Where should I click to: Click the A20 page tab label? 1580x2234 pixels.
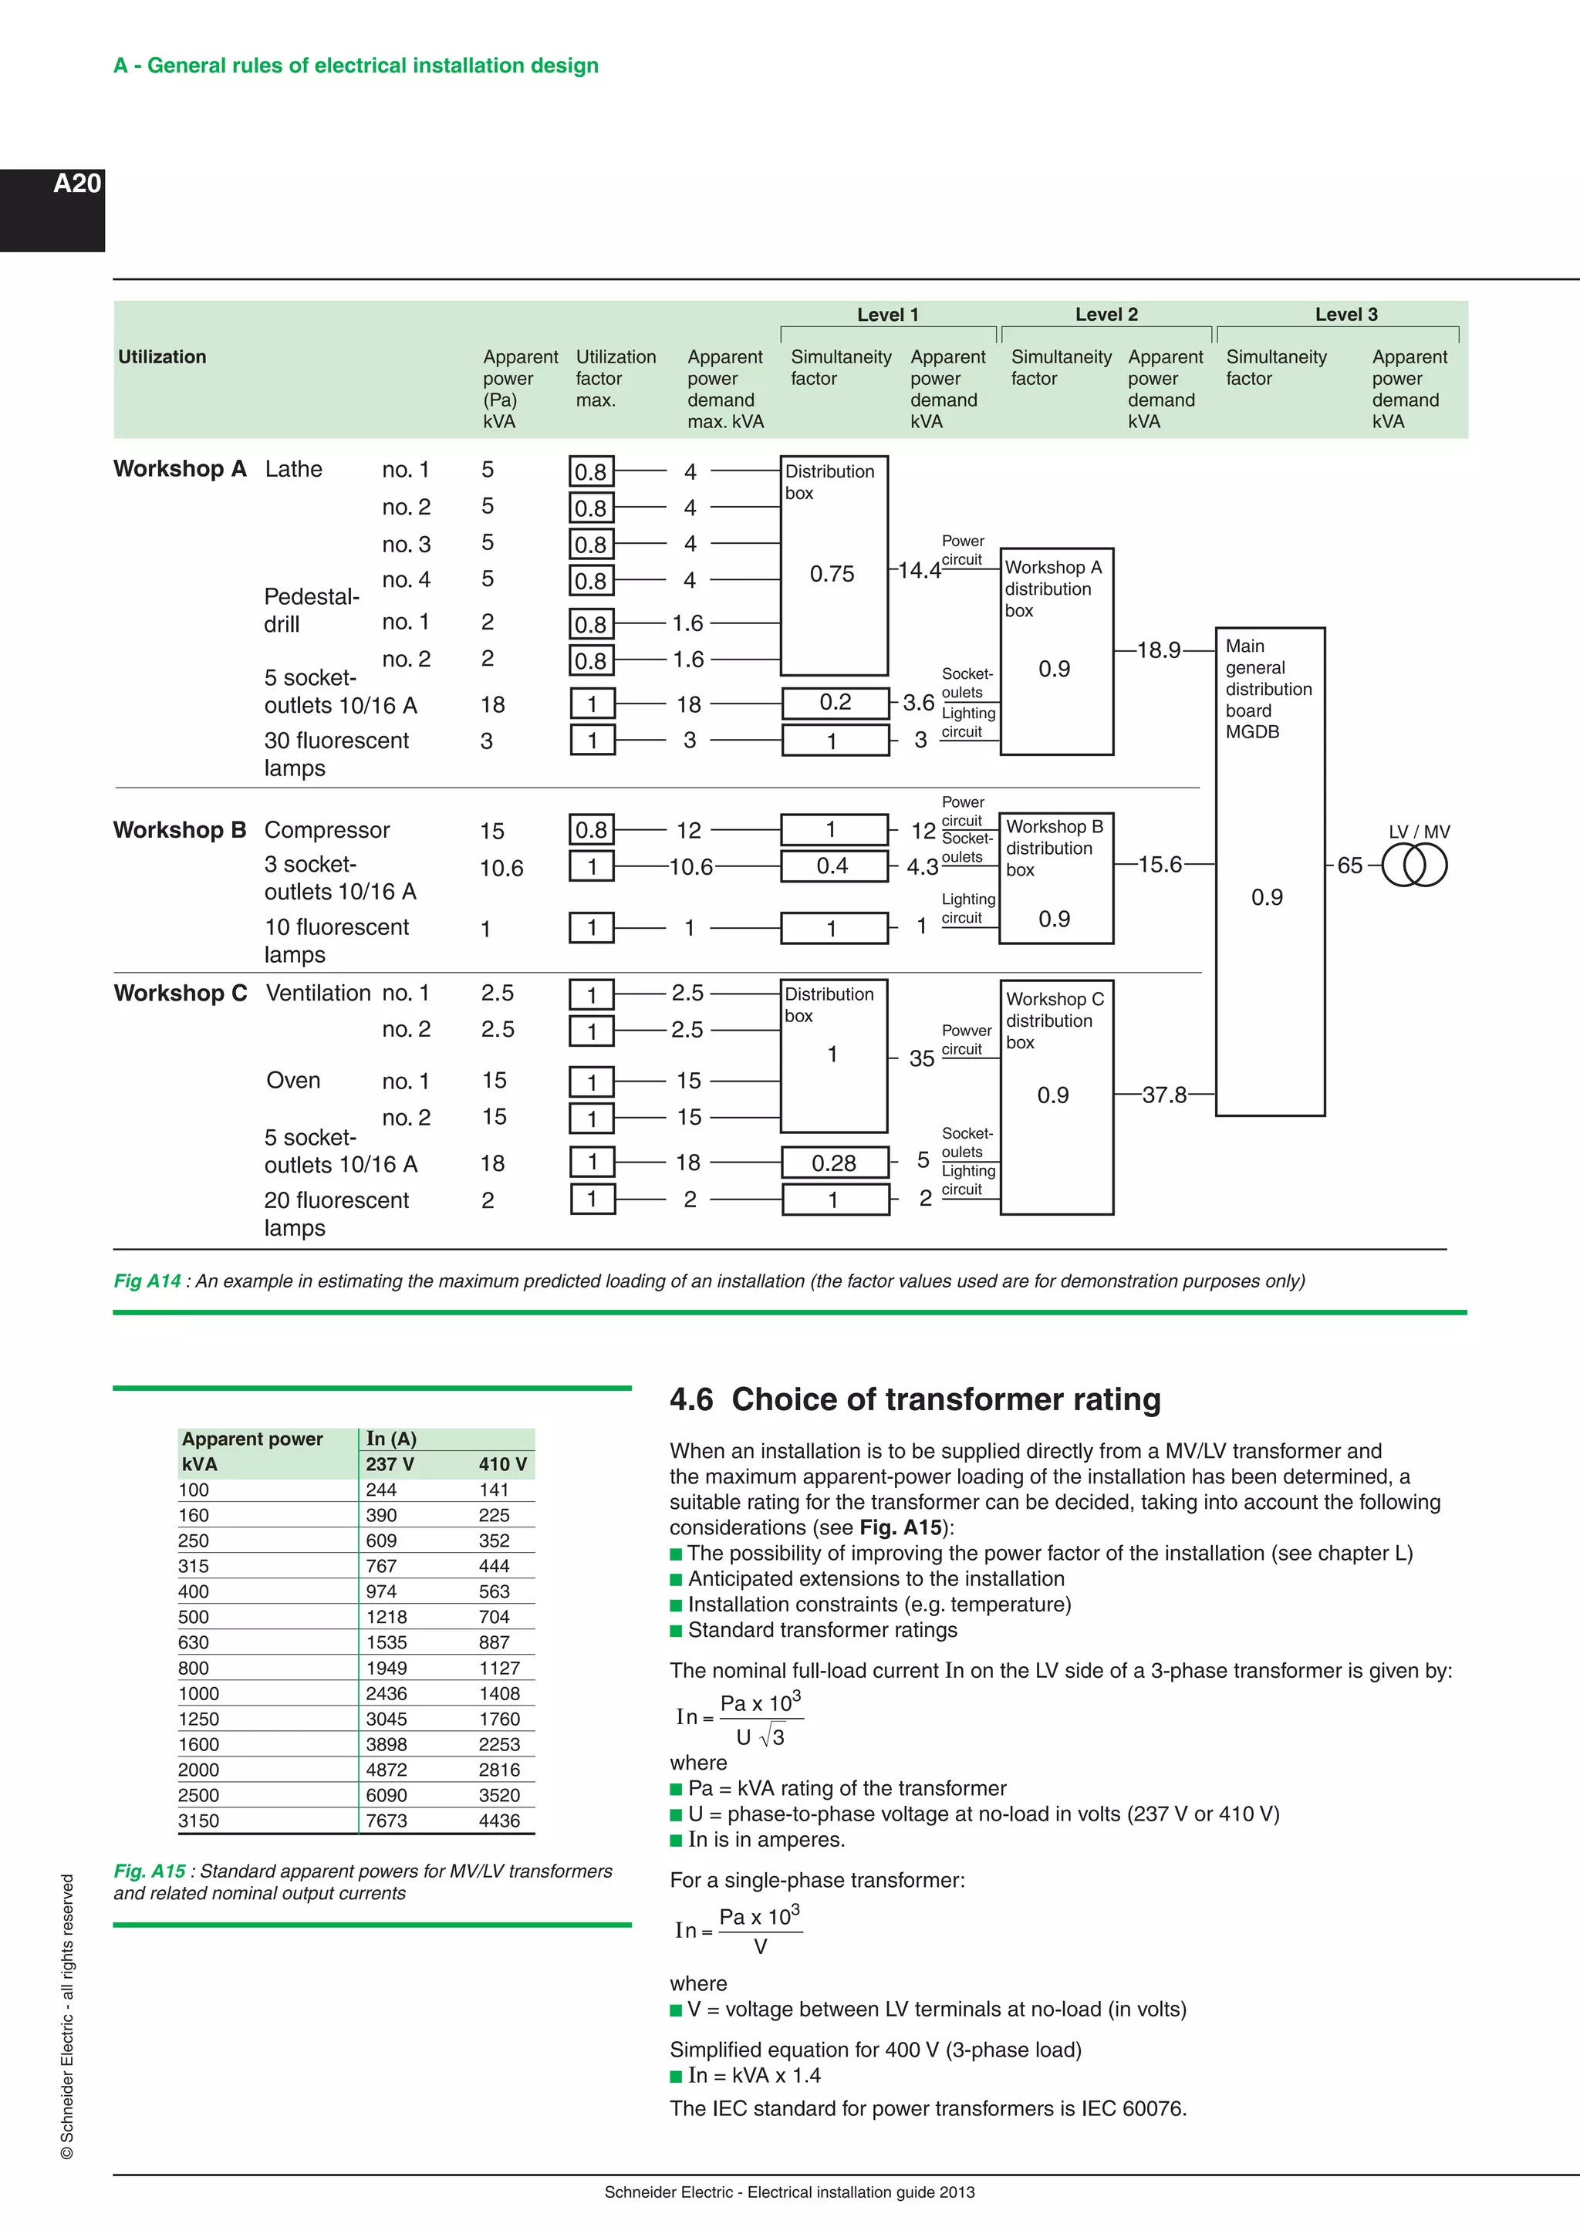point(77,184)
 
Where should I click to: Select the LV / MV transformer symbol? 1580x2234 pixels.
point(1415,865)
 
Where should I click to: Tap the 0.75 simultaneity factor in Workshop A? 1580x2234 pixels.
point(832,574)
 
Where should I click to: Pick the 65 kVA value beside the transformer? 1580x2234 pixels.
point(1349,865)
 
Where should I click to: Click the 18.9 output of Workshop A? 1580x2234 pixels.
point(1159,650)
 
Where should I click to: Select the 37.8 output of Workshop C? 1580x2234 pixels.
point(1165,1095)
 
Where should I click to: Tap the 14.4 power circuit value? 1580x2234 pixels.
point(918,570)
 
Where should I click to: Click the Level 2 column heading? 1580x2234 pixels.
point(1106,314)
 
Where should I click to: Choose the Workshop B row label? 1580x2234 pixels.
point(180,830)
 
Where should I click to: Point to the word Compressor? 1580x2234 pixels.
point(327,830)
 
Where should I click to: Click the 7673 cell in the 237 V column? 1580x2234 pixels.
point(387,1821)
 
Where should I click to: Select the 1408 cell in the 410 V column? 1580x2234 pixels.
point(499,1693)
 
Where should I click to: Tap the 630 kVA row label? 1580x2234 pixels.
point(194,1642)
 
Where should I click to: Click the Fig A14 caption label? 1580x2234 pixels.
point(147,1281)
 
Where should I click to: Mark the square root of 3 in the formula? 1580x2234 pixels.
point(771,1736)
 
